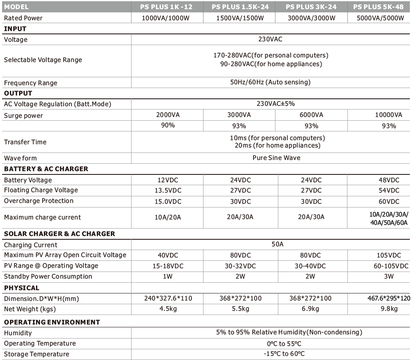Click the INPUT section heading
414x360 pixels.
click(15, 29)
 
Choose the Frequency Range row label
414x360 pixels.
click(31, 83)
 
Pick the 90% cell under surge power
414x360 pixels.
click(168, 125)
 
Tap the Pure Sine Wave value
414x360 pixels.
click(276, 158)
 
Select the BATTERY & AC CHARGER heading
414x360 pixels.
click(46, 169)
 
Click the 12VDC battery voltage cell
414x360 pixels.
click(168, 180)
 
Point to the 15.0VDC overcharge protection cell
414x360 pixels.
click(168, 201)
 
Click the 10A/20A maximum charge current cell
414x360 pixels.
click(168, 217)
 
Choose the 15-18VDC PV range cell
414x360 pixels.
click(168, 266)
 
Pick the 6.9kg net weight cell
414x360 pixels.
click(311, 309)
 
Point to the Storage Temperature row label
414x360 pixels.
click(36, 354)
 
